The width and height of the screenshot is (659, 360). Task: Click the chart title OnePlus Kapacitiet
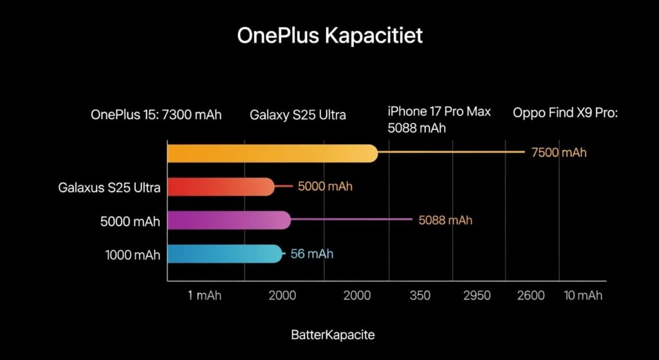coord(329,35)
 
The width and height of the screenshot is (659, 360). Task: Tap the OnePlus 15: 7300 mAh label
coord(156,115)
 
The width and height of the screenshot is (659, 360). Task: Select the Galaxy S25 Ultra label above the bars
coord(297,115)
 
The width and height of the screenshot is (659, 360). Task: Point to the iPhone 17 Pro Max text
coord(439,111)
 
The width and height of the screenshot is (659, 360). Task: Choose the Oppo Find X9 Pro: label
coord(565,113)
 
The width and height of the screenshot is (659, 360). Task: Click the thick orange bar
coord(272,153)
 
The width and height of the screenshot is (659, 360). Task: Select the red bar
coord(220,187)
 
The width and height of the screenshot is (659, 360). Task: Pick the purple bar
coord(228,220)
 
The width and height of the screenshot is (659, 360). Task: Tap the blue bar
coord(224,254)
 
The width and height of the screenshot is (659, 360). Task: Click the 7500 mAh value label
coord(559,153)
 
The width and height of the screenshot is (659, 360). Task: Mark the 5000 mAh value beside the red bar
coord(325,187)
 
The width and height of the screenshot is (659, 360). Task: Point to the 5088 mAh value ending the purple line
coord(445,220)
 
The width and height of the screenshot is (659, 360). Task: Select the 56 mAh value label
coord(311,254)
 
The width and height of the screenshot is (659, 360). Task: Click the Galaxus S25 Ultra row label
coord(109,188)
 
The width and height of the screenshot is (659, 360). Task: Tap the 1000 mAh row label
coord(133,255)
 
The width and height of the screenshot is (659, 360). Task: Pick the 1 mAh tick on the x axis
coord(205,296)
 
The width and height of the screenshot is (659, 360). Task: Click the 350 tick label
coord(420,296)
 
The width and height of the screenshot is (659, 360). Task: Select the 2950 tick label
coord(477,296)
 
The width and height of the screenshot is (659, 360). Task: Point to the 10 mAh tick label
coord(583,296)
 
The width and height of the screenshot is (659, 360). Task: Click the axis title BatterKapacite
coord(333,335)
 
